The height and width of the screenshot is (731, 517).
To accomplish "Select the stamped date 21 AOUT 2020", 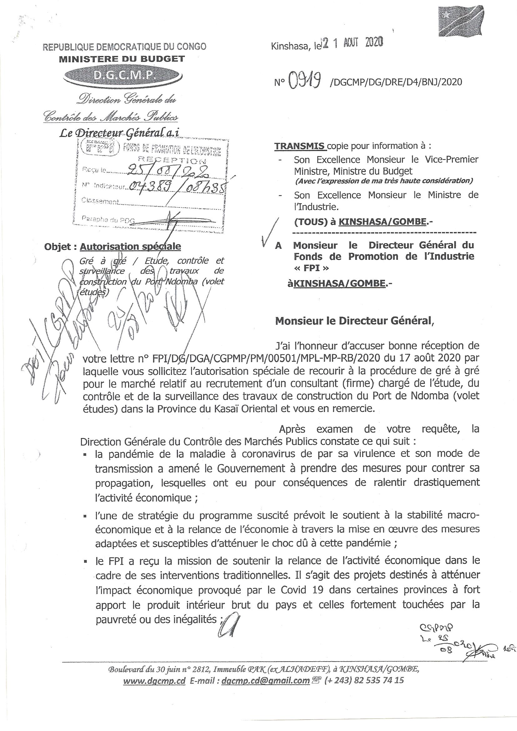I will (353, 43).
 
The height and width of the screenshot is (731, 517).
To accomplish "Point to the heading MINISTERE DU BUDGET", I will (122, 59).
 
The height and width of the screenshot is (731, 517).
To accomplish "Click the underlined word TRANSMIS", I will (300, 146).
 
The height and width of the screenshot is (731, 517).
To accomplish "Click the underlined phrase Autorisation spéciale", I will (130, 246).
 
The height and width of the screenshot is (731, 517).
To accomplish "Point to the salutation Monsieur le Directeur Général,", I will (354, 320).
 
